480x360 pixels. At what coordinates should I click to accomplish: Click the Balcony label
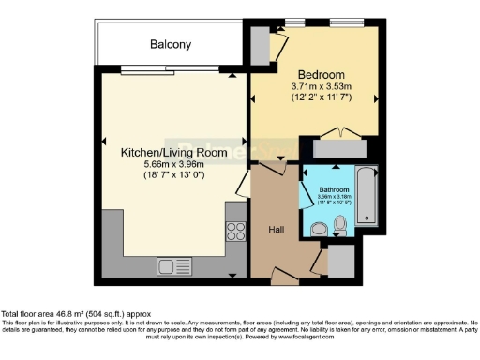point(171,44)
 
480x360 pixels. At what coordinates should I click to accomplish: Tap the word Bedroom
point(322,75)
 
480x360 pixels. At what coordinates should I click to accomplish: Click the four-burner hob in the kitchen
point(235,231)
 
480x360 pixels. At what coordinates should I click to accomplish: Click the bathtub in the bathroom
point(366,198)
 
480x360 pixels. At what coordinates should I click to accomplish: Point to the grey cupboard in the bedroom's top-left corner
point(259,44)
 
